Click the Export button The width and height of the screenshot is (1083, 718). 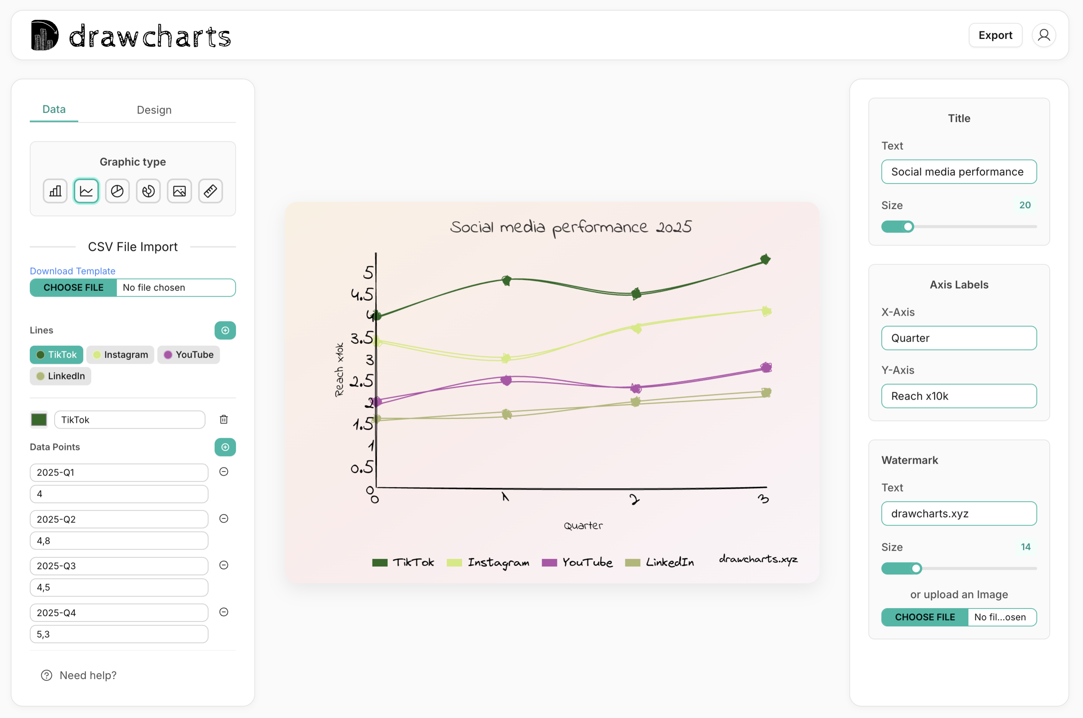tap(995, 35)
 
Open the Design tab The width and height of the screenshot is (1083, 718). tap(154, 110)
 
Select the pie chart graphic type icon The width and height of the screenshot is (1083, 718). tap(117, 191)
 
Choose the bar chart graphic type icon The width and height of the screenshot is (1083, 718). tap(55, 191)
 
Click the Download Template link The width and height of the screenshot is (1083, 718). tap(72, 271)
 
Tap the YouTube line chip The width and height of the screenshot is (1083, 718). tap(189, 355)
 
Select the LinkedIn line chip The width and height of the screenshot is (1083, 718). tap(60, 376)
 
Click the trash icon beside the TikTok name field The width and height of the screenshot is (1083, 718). tap(223, 420)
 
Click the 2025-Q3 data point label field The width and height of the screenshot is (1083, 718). tap(119, 566)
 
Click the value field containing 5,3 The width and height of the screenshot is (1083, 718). tap(119, 634)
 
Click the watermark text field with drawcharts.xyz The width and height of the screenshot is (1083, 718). tap(958, 514)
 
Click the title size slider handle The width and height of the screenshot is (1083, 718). tap(908, 227)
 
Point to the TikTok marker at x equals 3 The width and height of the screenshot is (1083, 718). tap(765, 260)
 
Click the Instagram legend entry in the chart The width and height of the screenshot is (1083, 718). tap(488, 562)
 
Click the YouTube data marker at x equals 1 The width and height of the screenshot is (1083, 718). tap(506, 380)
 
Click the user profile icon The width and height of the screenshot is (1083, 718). tap(1044, 35)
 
